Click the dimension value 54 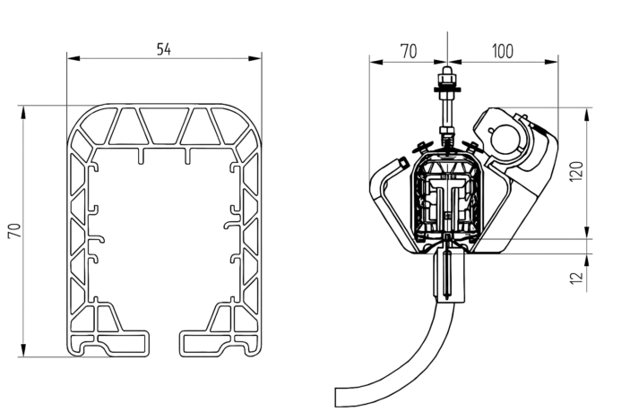point(163,49)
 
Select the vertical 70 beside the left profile point(15,231)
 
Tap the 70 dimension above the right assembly point(409,52)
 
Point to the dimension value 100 point(503,52)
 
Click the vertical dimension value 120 point(576,171)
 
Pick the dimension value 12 point(576,278)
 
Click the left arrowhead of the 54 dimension point(73,58)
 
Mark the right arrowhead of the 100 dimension point(552,62)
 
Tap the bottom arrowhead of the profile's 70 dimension point(23,350)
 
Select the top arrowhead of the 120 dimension point(587,115)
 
